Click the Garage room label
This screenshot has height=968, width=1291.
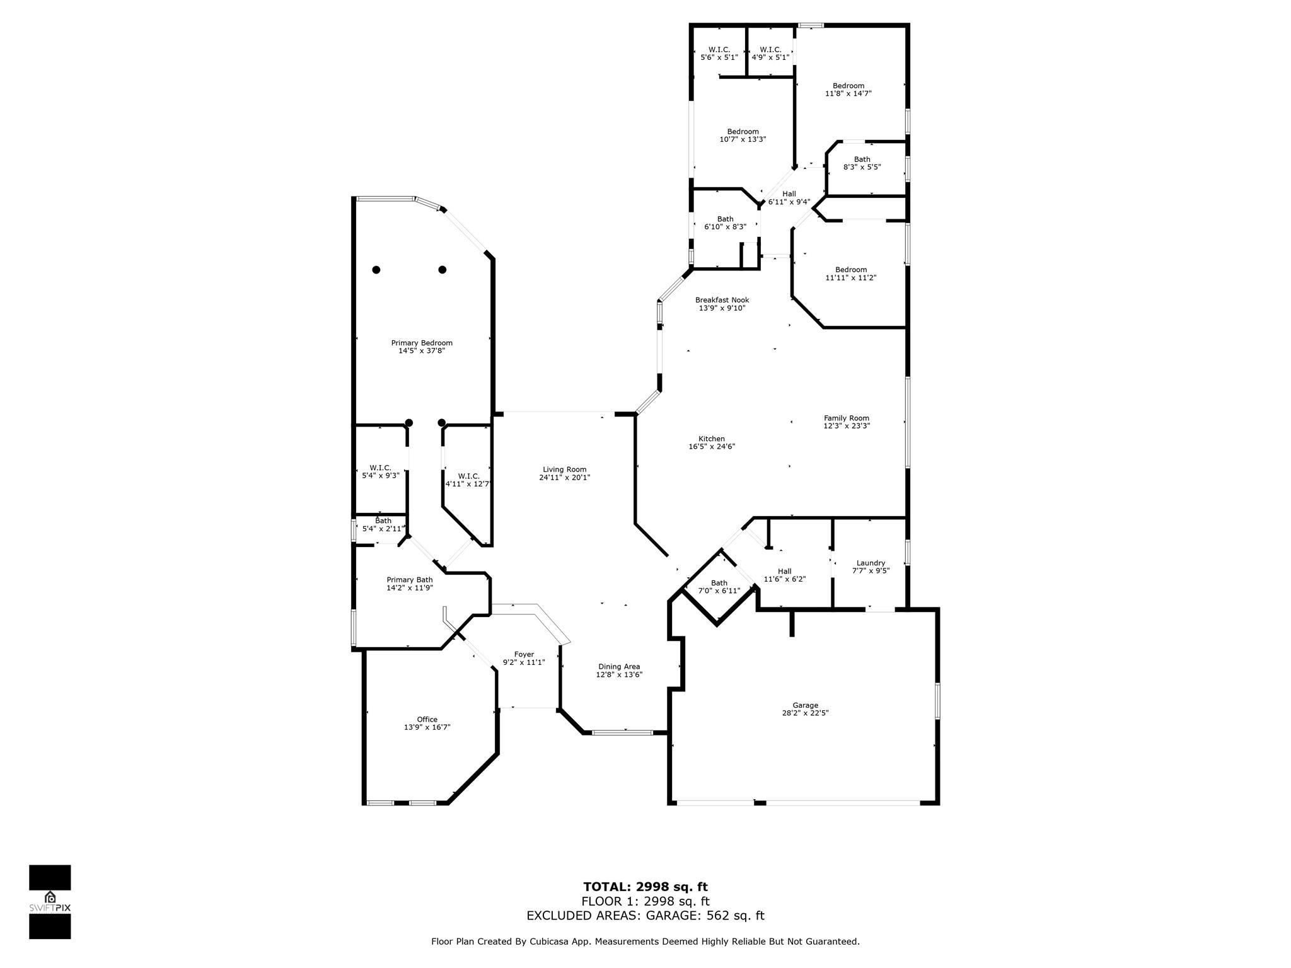click(805, 705)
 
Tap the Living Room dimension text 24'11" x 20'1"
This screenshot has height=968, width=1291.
click(564, 477)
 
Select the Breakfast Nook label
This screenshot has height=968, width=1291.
click(722, 300)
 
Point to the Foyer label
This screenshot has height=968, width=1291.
click(524, 654)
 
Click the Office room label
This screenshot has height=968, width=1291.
click(427, 719)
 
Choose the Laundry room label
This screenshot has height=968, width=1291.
click(871, 563)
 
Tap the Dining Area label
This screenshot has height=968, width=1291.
click(619, 666)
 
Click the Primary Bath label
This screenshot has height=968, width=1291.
click(410, 580)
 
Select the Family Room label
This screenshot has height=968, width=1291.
click(847, 418)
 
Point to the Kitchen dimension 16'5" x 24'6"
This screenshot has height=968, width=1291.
click(712, 446)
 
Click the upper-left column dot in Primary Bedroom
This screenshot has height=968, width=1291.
click(376, 270)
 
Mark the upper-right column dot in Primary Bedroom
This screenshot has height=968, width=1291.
click(443, 270)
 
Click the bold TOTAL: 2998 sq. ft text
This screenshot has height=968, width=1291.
click(645, 887)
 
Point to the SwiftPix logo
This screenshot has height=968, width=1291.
click(50, 902)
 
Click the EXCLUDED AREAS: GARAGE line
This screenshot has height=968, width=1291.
click(645, 916)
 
